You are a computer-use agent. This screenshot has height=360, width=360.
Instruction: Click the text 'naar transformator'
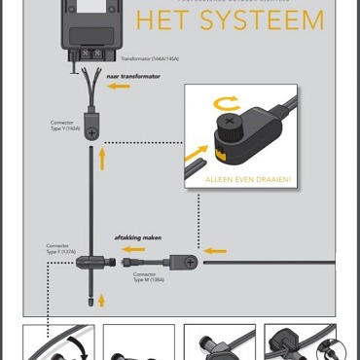click(127, 75)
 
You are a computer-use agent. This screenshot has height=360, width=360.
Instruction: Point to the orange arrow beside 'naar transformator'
click(118, 86)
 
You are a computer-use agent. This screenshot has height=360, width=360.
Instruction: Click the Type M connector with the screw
click(184, 261)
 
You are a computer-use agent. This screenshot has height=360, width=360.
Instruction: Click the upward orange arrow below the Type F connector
click(101, 300)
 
